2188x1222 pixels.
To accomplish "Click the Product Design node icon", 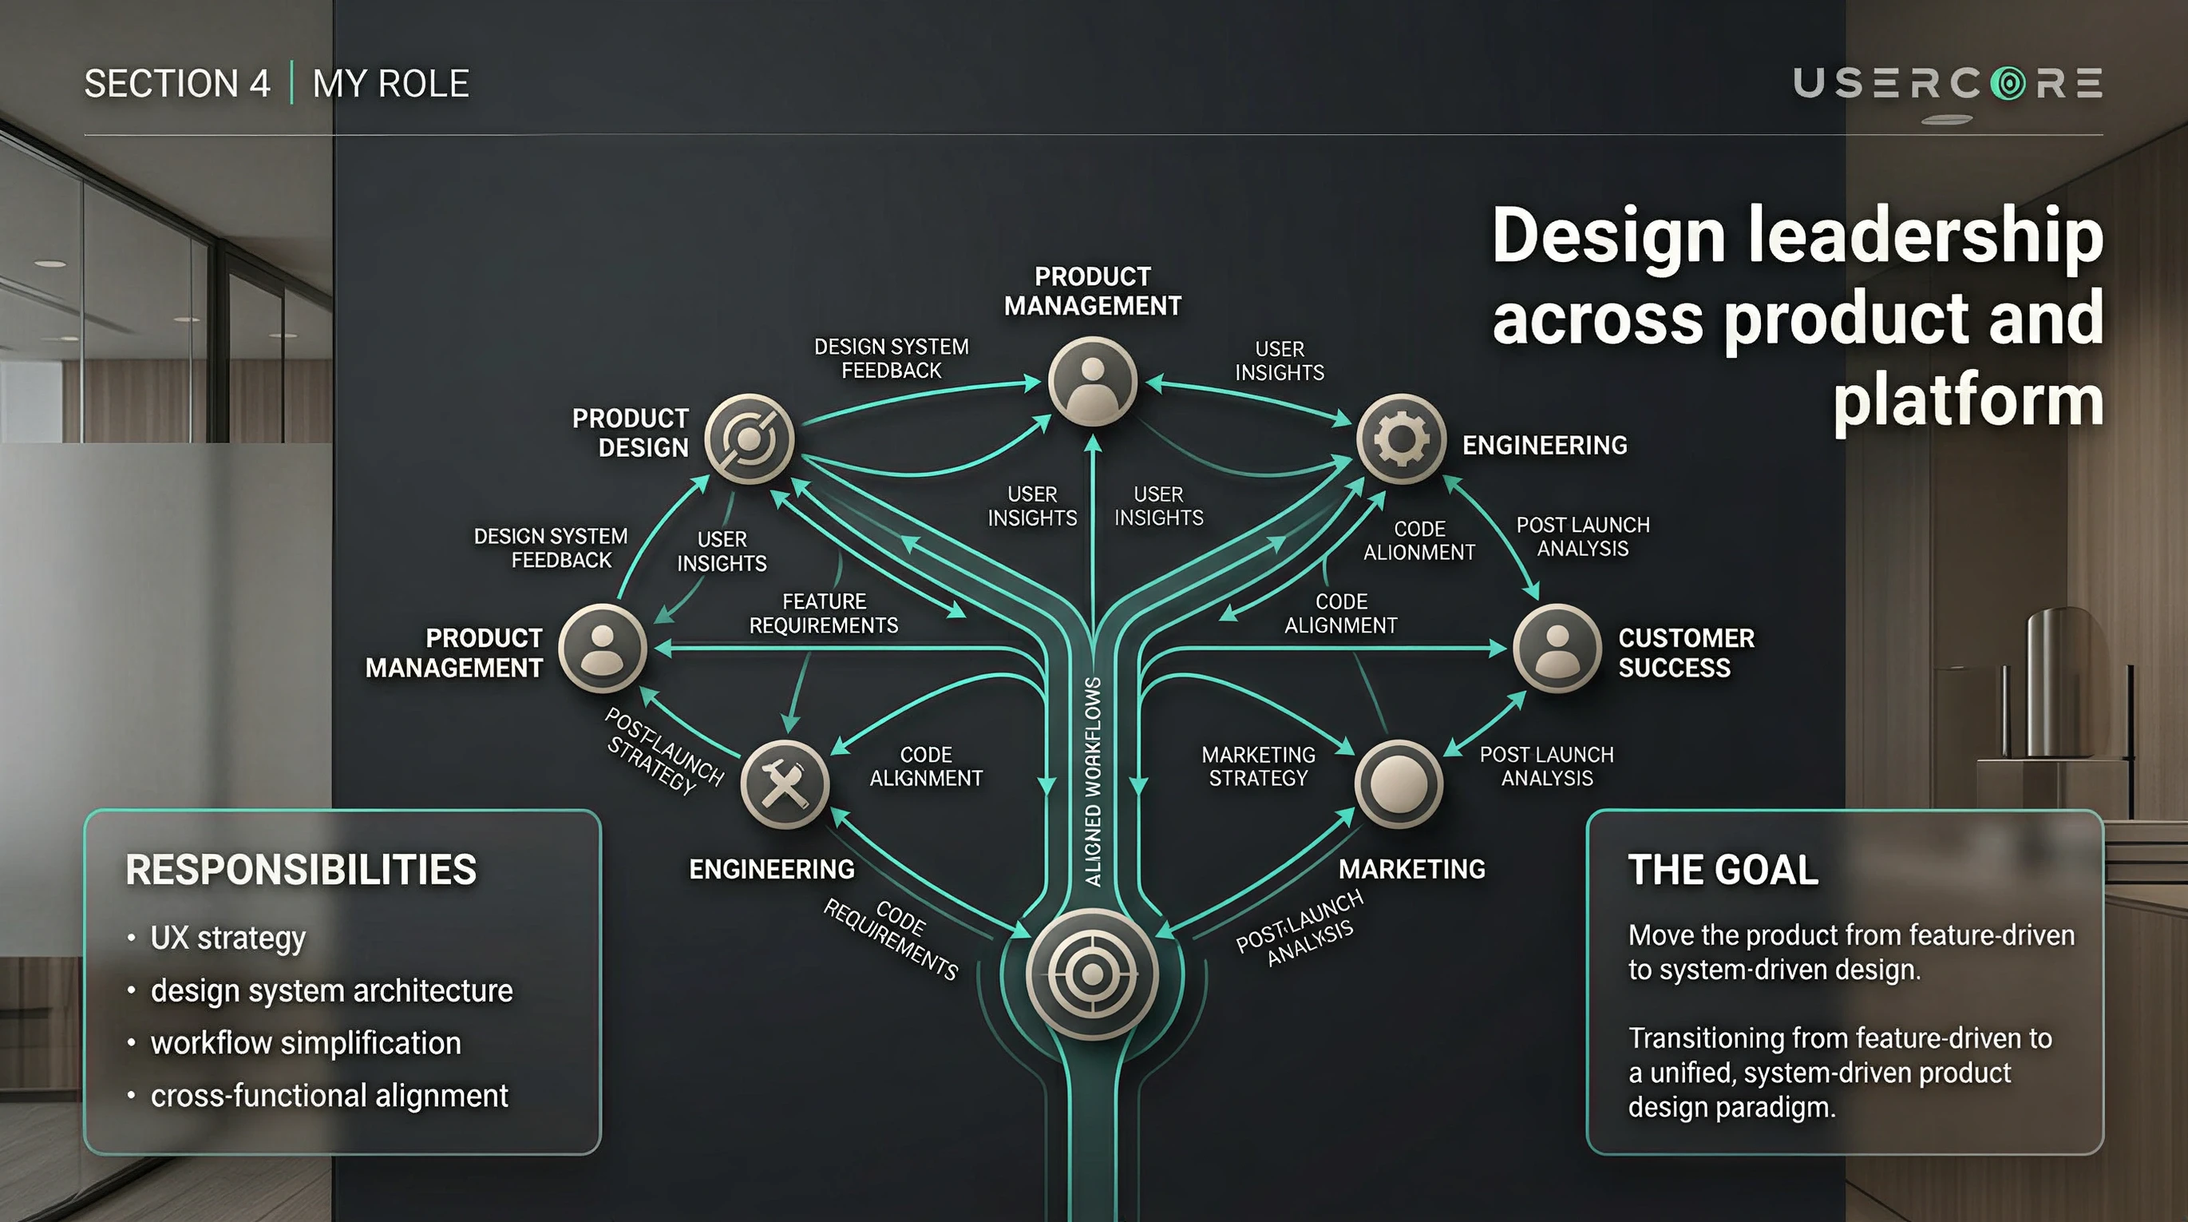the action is [x=749, y=438].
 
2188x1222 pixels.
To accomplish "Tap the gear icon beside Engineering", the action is [x=1401, y=439].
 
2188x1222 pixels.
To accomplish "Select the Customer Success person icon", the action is [x=1557, y=649].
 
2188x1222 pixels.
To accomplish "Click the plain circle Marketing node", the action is [x=1398, y=784].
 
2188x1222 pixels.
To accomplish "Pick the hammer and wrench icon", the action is [x=784, y=784].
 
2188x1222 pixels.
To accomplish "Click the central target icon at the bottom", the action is [x=1091, y=974].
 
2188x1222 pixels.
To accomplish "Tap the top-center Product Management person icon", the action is [x=1092, y=381].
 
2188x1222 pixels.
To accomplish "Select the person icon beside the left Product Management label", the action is [x=602, y=649].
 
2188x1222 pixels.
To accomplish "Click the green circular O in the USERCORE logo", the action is [x=2008, y=83].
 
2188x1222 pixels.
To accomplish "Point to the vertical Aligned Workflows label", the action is [x=1093, y=782].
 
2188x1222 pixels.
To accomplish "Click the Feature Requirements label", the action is [x=823, y=613].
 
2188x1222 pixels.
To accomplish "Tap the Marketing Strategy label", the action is [x=1258, y=767].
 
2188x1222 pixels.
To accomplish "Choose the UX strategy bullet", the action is [x=228, y=938].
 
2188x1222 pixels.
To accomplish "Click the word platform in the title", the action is [x=1967, y=401].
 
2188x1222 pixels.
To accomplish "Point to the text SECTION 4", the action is [x=177, y=83].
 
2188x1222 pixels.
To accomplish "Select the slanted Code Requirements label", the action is [x=892, y=939].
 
